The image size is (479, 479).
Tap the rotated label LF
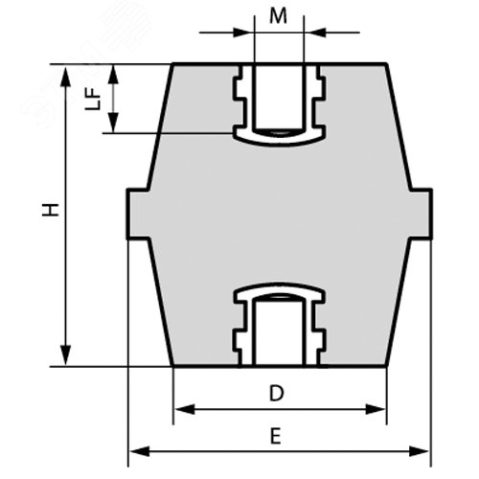pyautogui.click(x=93, y=99)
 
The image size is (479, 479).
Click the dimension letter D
pyautogui.click(x=276, y=392)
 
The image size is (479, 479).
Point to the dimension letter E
pyautogui.click(x=275, y=436)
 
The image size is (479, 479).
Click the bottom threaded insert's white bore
pyautogui.click(x=279, y=331)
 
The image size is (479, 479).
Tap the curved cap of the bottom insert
pyautogui.click(x=279, y=290)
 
